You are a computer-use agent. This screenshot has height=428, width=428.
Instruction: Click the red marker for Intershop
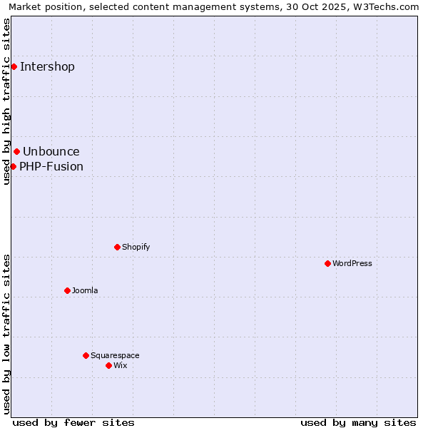[x=14, y=66]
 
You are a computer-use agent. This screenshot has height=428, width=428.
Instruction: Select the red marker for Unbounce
[x=16, y=151]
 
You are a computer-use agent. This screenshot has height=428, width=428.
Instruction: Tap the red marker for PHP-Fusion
[x=13, y=166]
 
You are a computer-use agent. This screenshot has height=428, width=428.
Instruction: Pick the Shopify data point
[x=117, y=247]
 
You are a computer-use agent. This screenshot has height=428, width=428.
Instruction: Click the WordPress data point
[x=327, y=263]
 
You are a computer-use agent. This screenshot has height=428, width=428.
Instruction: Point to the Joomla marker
[x=67, y=290]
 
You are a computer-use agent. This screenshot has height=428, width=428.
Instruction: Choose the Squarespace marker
[x=86, y=355]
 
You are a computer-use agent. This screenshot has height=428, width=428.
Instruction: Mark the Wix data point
[x=108, y=365]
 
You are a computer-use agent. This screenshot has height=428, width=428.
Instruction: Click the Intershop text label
[x=47, y=67]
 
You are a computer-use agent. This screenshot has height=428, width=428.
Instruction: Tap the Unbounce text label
[x=51, y=151]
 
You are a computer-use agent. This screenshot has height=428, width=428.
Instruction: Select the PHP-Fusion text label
[x=51, y=167]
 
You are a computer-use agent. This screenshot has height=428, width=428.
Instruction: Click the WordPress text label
[x=352, y=263]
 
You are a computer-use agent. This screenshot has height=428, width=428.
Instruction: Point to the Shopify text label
[x=136, y=247]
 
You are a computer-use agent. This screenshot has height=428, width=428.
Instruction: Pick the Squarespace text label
[x=115, y=355]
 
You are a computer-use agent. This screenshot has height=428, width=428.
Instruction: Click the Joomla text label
[x=85, y=290]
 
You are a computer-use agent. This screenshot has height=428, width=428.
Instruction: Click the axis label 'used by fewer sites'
[x=73, y=422]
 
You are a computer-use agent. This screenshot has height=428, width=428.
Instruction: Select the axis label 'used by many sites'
[x=358, y=422]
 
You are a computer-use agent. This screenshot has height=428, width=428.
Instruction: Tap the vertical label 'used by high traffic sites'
[x=7, y=101]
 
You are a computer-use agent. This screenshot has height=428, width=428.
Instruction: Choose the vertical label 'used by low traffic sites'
[x=7, y=334]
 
